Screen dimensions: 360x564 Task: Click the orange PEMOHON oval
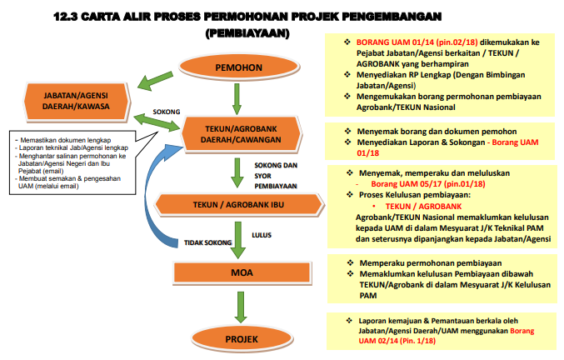click(238, 66)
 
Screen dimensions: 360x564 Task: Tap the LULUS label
click(262, 235)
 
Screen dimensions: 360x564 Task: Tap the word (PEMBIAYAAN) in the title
click(247, 33)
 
